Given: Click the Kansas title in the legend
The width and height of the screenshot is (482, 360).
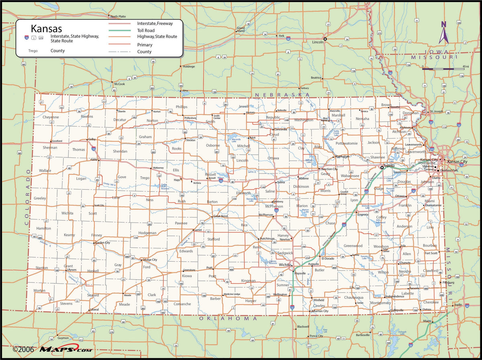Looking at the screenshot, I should (47, 29).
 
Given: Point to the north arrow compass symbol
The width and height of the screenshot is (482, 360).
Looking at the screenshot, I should (444, 33).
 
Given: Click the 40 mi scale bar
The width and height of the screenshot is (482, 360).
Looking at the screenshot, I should (443, 69).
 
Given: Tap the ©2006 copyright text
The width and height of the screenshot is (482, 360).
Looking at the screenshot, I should (23, 350).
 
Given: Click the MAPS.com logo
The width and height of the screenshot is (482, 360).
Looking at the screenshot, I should (65, 350).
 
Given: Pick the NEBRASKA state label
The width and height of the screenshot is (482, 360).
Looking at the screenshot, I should (282, 94).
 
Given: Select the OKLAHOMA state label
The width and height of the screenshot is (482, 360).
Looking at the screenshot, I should (228, 318).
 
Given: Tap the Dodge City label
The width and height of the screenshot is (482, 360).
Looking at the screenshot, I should (150, 260).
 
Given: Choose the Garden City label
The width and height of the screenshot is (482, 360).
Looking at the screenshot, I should (102, 243).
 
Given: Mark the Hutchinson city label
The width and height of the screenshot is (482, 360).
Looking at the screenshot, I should (267, 238).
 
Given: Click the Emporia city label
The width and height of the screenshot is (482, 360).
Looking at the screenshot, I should (363, 215).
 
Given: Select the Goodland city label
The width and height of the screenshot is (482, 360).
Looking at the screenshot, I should (57, 141).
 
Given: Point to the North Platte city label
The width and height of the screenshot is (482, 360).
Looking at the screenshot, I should (118, 16).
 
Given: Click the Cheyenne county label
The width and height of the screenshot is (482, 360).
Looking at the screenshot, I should (51, 117).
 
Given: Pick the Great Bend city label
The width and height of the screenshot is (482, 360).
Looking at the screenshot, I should (221, 216).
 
